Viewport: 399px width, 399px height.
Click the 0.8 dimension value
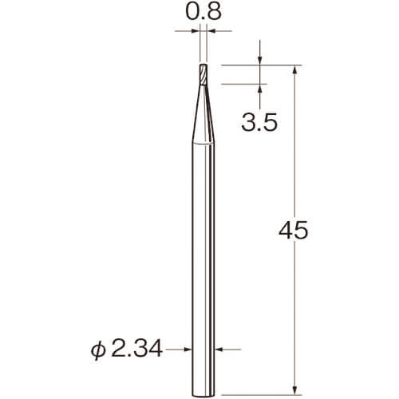point(203,11)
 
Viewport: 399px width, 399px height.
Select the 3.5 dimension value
point(259,122)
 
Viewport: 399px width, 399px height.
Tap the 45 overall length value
point(294,231)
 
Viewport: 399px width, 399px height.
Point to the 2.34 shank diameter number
point(136,349)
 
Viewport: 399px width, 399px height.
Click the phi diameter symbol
point(98,350)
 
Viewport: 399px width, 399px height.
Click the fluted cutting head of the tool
point(203,74)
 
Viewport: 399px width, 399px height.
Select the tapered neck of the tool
point(203,114)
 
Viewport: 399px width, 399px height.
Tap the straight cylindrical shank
point(203,269)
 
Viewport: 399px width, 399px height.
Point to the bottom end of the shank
point(203,396)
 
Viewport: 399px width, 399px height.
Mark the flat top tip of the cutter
point(203,65)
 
